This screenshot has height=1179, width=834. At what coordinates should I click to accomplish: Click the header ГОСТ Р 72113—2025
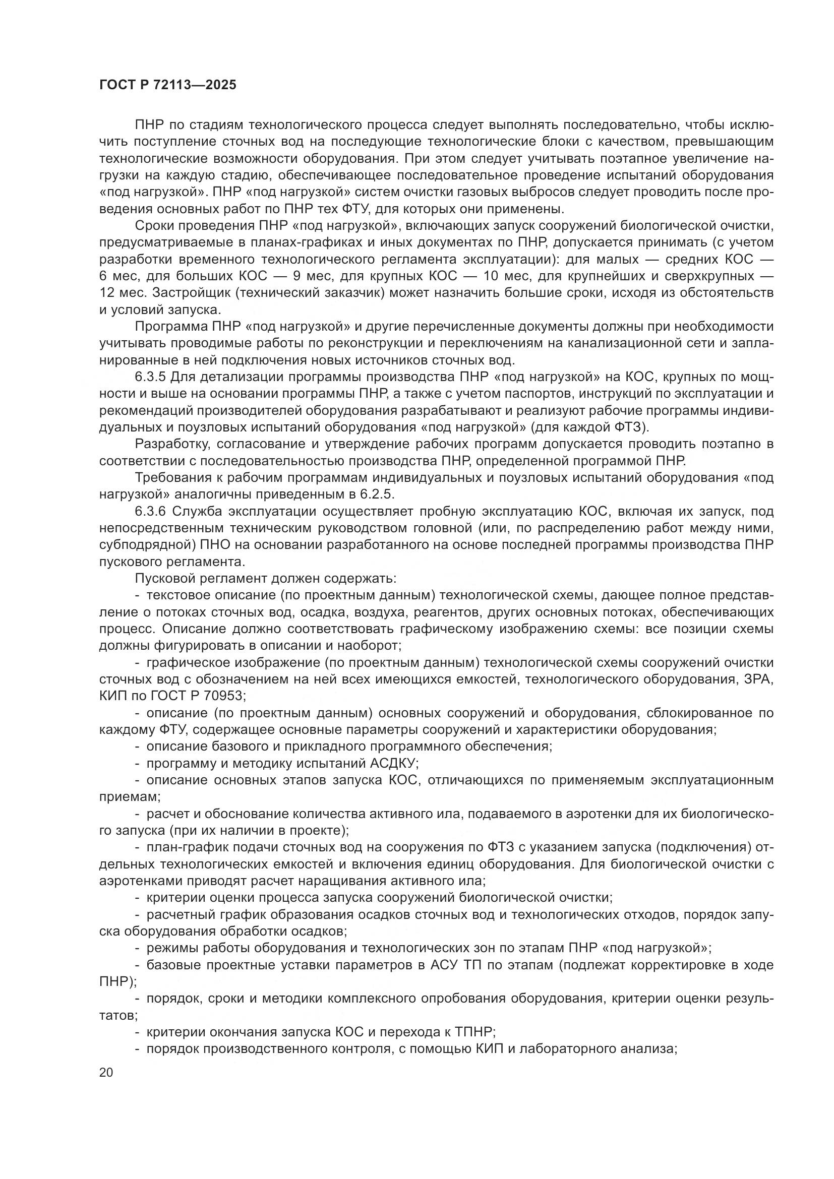(x=167, y=85)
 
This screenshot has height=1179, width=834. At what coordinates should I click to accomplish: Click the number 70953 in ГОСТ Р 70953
(x=225, y=696)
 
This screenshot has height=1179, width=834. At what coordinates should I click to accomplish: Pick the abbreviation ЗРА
(x=758, y=679)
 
